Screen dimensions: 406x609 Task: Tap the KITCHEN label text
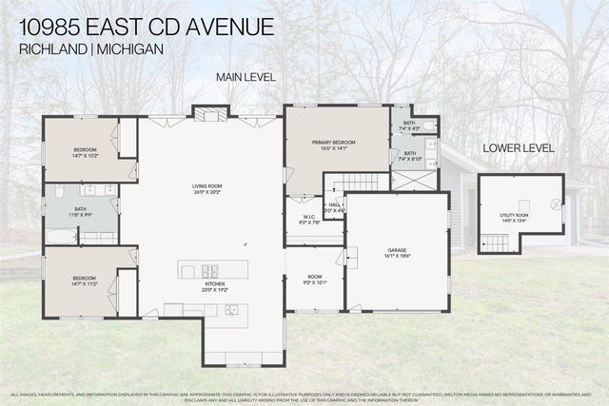click(213, 284)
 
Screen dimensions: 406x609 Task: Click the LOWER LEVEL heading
click(518, 148)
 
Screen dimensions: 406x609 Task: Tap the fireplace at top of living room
click(211, 114)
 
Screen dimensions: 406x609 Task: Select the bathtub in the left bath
click(60, 236)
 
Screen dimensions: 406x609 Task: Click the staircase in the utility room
click(496, 244)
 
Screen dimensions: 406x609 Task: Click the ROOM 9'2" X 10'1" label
click(314, 279)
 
